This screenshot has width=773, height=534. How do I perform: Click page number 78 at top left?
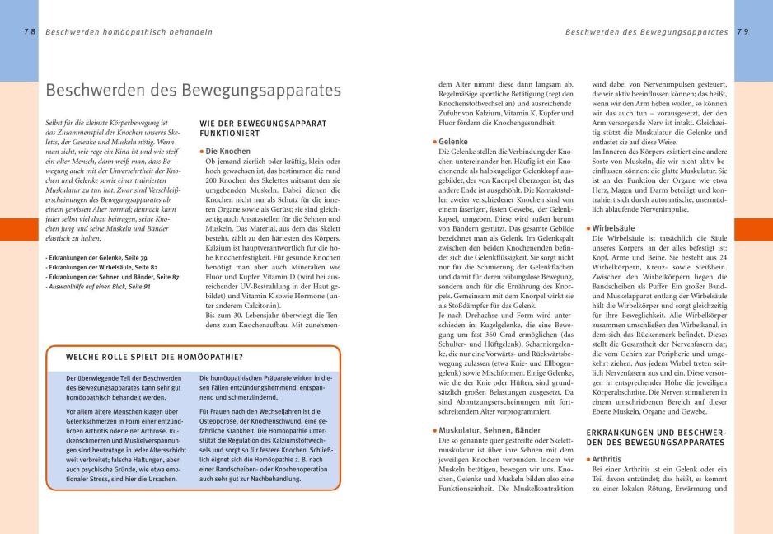tap(29, 32)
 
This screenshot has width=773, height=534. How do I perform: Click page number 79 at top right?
tap(743, 32)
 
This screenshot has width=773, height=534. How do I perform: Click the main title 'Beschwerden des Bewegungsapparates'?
tap(193, 90)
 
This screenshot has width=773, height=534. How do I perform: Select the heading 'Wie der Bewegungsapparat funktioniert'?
tap(263, 129)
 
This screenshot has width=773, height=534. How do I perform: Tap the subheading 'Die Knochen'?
tap(228, 152)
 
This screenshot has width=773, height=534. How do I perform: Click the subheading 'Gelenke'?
tap(453, 142)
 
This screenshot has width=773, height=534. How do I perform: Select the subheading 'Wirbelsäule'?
tap(616, 227)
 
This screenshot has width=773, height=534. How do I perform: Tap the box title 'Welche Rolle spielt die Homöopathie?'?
tap(154, 357)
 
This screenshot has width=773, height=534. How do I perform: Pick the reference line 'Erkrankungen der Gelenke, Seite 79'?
tap(96, 258)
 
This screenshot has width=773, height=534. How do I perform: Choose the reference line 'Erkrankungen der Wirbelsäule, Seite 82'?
tap(101, 268)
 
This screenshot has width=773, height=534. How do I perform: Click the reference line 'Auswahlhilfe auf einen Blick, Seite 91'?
tap(98, 286)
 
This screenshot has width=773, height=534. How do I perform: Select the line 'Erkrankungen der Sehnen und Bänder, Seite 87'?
tap(112, 277)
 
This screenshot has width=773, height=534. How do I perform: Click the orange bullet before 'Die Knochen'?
tap(202, 152)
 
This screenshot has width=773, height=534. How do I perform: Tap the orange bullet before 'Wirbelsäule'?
tap(588, 227)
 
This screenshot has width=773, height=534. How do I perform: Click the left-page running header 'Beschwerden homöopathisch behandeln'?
tap(129, 32)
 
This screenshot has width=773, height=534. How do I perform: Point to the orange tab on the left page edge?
tap(18, 229)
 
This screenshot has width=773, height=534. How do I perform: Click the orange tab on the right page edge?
tap(753, 229)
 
